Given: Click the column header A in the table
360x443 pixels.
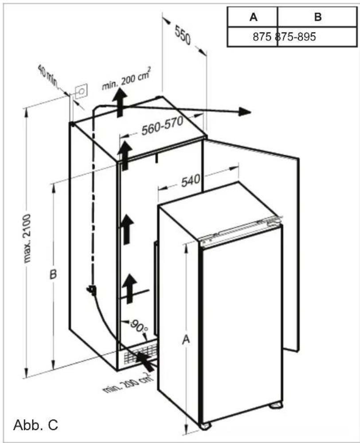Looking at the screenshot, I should [253, 17].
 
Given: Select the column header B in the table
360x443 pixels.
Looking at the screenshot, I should [317, 17].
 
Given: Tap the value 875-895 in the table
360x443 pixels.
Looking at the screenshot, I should [296, 37].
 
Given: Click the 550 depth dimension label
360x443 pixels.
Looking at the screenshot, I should [182, 35].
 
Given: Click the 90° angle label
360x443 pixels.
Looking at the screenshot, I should [138, 328].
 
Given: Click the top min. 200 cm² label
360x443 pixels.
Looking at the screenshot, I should [125, 80].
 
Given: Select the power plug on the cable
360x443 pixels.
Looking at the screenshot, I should [92, 290].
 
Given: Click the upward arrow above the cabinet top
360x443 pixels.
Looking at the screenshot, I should [119, 101].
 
